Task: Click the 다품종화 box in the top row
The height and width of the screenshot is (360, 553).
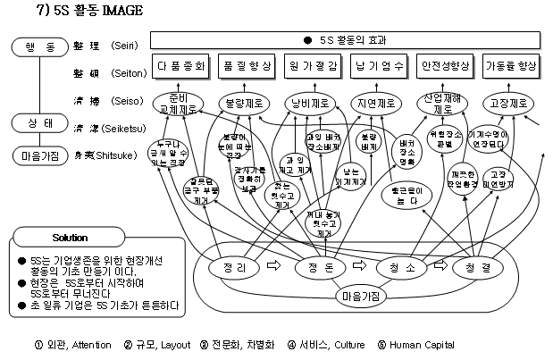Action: [181, 67]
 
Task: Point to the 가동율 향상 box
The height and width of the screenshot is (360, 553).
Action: [512, 67]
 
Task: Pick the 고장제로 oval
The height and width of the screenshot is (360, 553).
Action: [508, 102]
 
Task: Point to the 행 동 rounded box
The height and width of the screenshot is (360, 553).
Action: [34, 44]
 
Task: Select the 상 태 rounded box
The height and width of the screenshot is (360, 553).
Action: [34, 122]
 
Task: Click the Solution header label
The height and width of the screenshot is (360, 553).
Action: [70, 238]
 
